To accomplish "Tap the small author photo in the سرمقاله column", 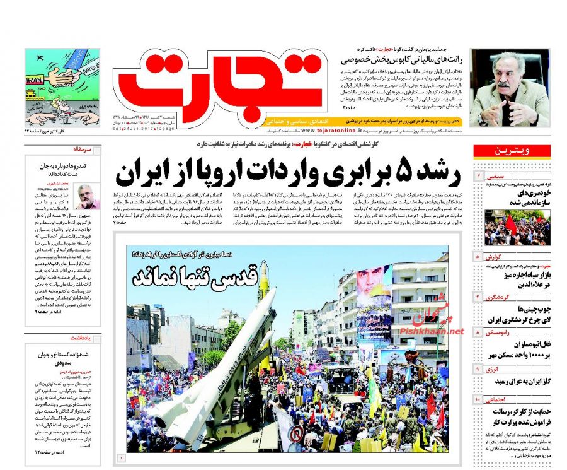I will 87,196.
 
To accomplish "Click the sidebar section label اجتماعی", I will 497,399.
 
